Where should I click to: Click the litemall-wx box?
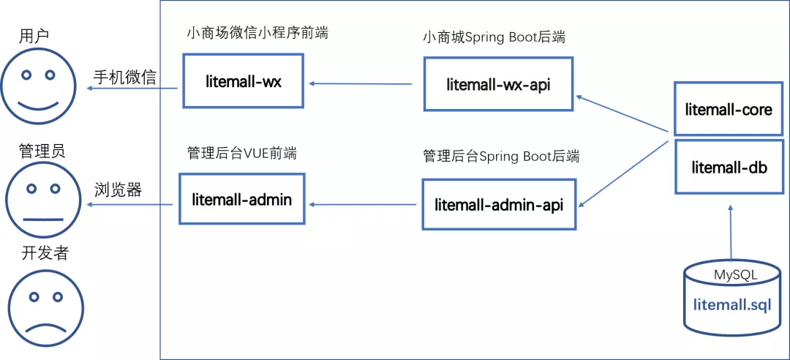pyautogui.click(x=243, y=81)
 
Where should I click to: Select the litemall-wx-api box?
pyautogui.click(x=497, y=85)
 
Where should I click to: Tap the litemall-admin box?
pyautogui.click(x=241, y=199)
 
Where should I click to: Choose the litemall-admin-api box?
pyautogui.click(x=498, y=205)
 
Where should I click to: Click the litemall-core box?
pyautogui.click(x=729, y=110)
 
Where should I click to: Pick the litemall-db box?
pyautogui.click(x=729, y=167)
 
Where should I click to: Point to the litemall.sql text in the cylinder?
pyautogui.click(x=731, y=304)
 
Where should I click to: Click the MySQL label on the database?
pyautogui.click(x=735, y=275)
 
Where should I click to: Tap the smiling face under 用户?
pyautogui.click(x=38, y=86)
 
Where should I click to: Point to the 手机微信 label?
pyautogui.click(x=124, y=77)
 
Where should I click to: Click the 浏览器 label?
pyautogui.click(x=118, y=190)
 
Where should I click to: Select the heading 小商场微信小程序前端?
pyautogui.click(x=257, y=33)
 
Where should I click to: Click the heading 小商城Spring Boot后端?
pyautogui.click(x=494, y=37)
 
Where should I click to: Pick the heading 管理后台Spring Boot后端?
pyautogui.click(x=501, y=156)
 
